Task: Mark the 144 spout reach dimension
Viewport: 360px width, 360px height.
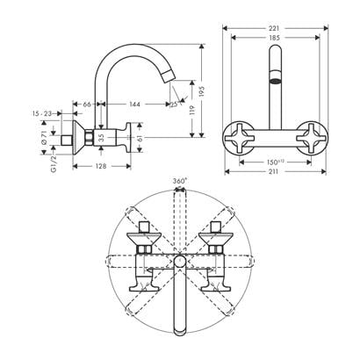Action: (x=134, y=104)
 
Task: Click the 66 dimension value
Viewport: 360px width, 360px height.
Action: (x=88, y=104)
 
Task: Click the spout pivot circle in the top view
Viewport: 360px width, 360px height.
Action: (x=179, y=262)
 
